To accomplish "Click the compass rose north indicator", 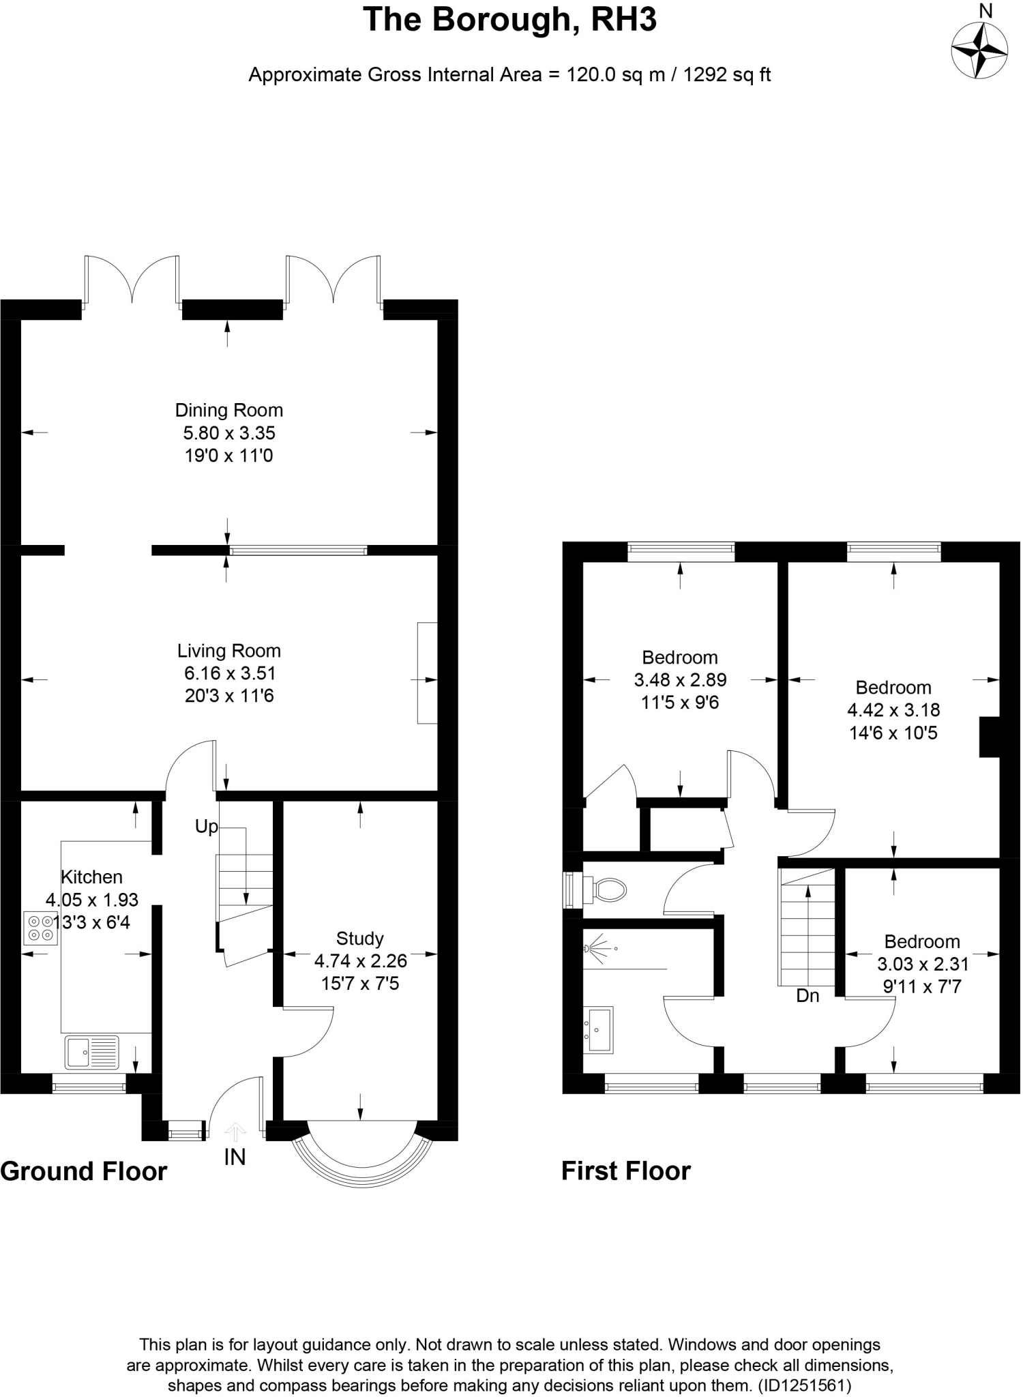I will tap(979, 50).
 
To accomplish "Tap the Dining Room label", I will tap(228, 410).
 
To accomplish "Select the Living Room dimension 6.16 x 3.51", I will tap(230, 673).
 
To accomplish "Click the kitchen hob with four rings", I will tap(40, 928).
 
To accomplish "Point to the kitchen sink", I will tap(91, 1052).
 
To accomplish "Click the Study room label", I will tap(359, 938).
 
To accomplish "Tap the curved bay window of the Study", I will tap(361, 1164).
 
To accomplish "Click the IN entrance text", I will tap(234, 1157).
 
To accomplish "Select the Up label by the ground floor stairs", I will tap(206, 827).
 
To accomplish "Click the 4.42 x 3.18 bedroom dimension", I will tap(893, 710).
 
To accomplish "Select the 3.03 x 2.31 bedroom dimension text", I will tap(922, 964).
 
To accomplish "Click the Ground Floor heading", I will tap(83, 1171).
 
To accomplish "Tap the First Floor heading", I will tap(625, 1171).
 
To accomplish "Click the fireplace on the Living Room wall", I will tap(427, 673).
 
